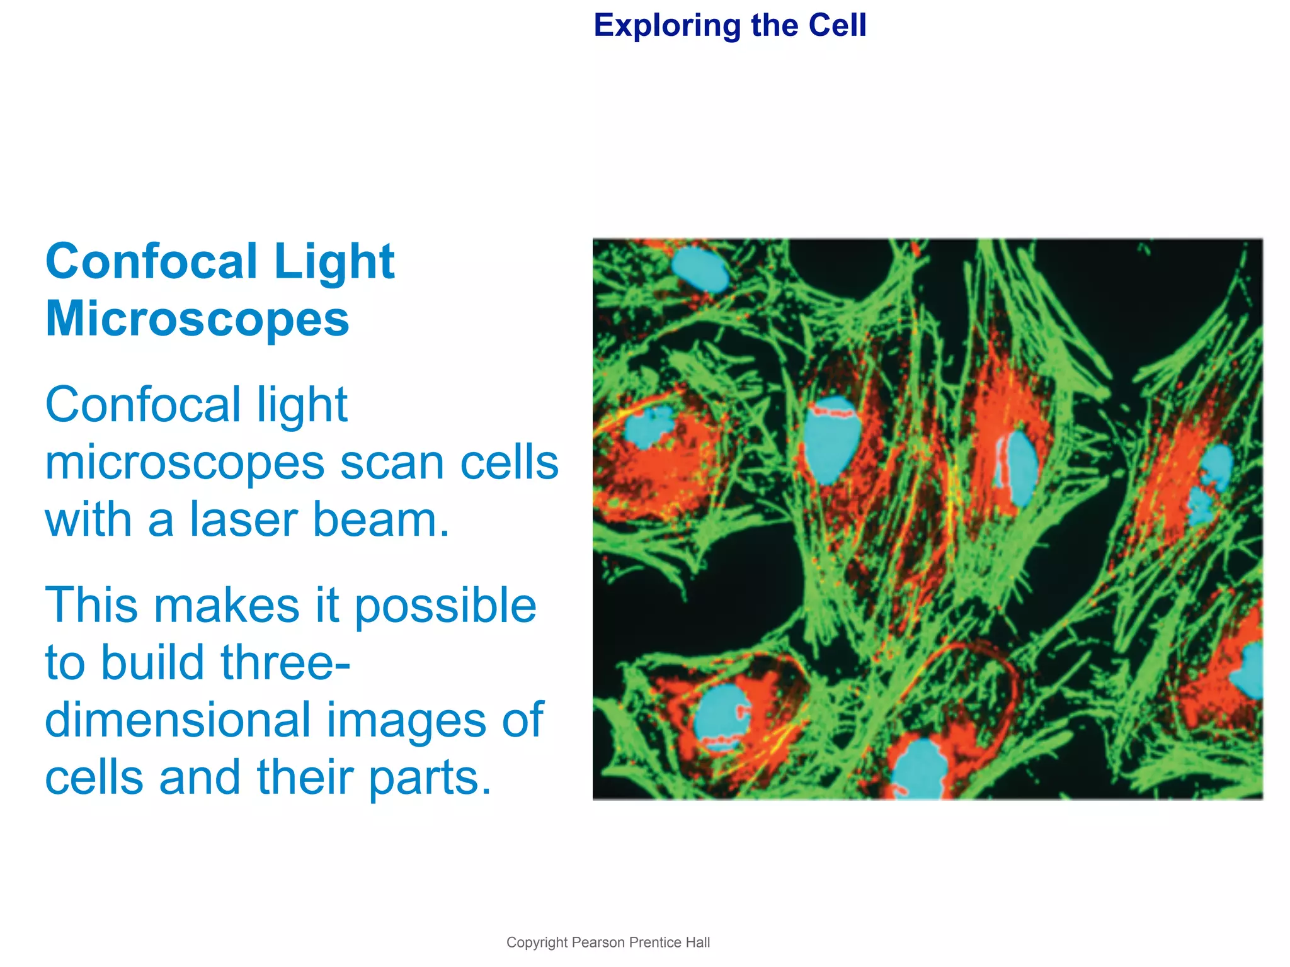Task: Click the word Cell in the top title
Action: coord(837,26)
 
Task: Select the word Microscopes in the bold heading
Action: coord(197,319)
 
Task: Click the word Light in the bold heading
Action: coord(334,262)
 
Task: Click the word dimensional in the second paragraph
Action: coord(178,720)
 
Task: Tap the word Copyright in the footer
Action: coord(537,942)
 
